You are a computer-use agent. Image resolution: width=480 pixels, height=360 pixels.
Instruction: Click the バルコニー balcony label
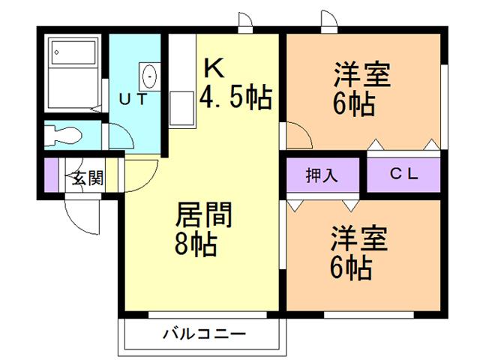coord(204,334)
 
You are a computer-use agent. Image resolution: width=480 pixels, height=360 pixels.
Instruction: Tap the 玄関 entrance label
coord(88,178)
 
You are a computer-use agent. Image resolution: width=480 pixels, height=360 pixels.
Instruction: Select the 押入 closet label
coord(322,175)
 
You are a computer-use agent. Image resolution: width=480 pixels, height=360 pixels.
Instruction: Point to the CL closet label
coord(403,174)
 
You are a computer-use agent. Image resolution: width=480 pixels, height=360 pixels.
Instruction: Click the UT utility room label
coord(133,99)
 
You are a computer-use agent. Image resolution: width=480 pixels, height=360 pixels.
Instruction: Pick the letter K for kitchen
coord(214,69)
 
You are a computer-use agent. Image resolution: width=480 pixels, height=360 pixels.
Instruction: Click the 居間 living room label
coord(204,214)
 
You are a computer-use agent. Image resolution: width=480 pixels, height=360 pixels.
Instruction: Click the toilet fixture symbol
coord(63,135)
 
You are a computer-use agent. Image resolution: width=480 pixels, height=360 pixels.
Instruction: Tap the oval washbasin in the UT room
coord(150,76)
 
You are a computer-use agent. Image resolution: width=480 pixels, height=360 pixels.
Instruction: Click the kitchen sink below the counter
coord(181,108)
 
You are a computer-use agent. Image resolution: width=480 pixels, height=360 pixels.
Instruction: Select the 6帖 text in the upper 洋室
coord(354,104)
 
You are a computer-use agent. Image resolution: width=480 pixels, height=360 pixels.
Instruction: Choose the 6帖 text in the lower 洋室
coord(351,268)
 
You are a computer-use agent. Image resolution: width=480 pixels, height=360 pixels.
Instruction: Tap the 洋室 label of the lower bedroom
coord(358,238)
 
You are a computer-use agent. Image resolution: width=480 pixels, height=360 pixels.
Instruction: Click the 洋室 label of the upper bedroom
coord(362,75)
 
